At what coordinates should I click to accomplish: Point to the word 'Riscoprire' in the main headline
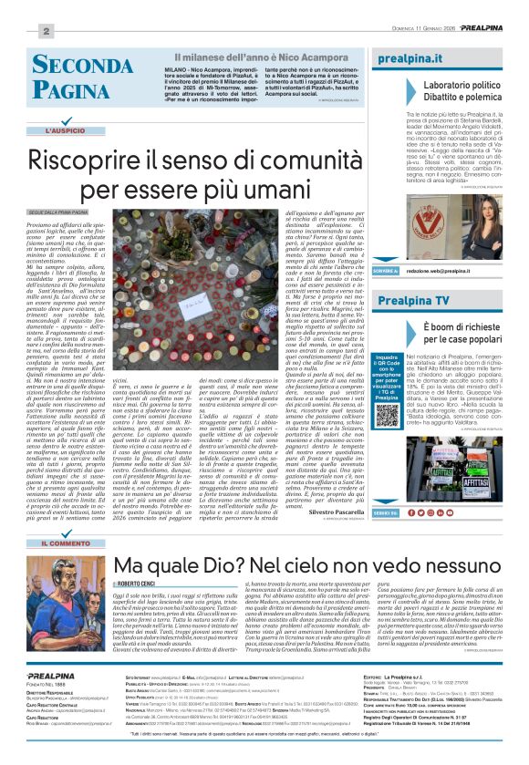[100, 162]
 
